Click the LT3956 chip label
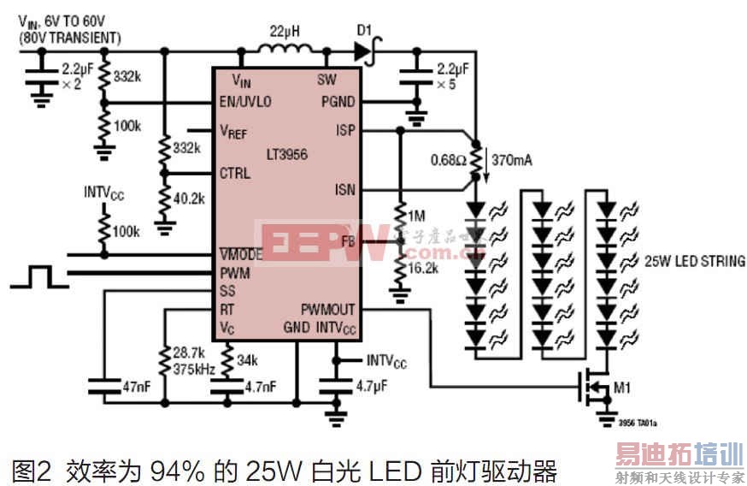pyautogui.click(x=287, y=154)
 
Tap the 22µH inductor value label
pyautogui.click(x=282, y=32)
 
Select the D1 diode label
pyautogui.click(x=362, y=32)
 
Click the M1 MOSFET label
pyautogui.click(x=623, y=390)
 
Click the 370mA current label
pyautogui.click(x=514, y=158)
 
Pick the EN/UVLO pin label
pyautogui.click(x=246, y=102)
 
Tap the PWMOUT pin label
pyautogui.click(x=327, y=309)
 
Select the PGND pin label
pyautogui.click(x=338, y=102)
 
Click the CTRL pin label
pyautogui.click(x=235, y=172)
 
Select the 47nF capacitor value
pyautogui.click(x=136, y=387)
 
